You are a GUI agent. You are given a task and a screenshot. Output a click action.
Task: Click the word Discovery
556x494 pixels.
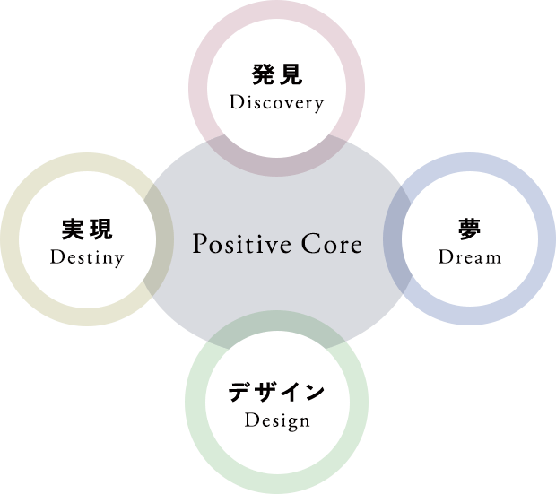tap(276, 102)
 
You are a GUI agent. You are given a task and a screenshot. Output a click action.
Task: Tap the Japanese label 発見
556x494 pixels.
tap(276, 74)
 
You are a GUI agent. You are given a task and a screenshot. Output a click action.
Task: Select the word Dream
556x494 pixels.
tap(469, 258)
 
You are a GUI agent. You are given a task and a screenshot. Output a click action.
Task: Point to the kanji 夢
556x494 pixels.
tap(469, 230)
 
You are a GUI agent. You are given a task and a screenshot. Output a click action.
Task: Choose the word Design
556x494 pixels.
tap(276, 420)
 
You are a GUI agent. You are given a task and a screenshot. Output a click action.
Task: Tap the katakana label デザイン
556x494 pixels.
tap(276, 392)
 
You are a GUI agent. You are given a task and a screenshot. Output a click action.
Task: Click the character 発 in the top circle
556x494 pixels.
tap(263, 74)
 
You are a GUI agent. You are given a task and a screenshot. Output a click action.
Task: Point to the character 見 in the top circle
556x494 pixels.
tap(291, 74)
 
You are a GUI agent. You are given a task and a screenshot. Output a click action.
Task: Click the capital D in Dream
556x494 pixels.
tap(445, 258)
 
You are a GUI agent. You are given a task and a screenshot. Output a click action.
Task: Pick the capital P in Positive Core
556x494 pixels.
tap(200, 244)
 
